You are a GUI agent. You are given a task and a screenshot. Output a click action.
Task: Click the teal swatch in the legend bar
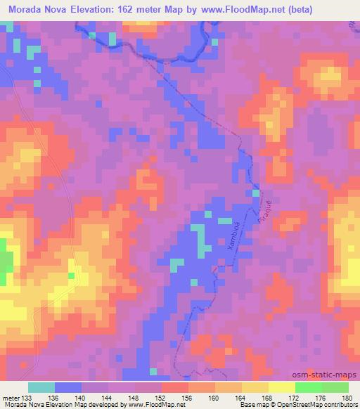(x=41, y=387)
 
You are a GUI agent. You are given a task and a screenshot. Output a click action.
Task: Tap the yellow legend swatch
(x=281, y=387)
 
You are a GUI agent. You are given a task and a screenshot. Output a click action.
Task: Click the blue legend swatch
(x=68, y=387)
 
